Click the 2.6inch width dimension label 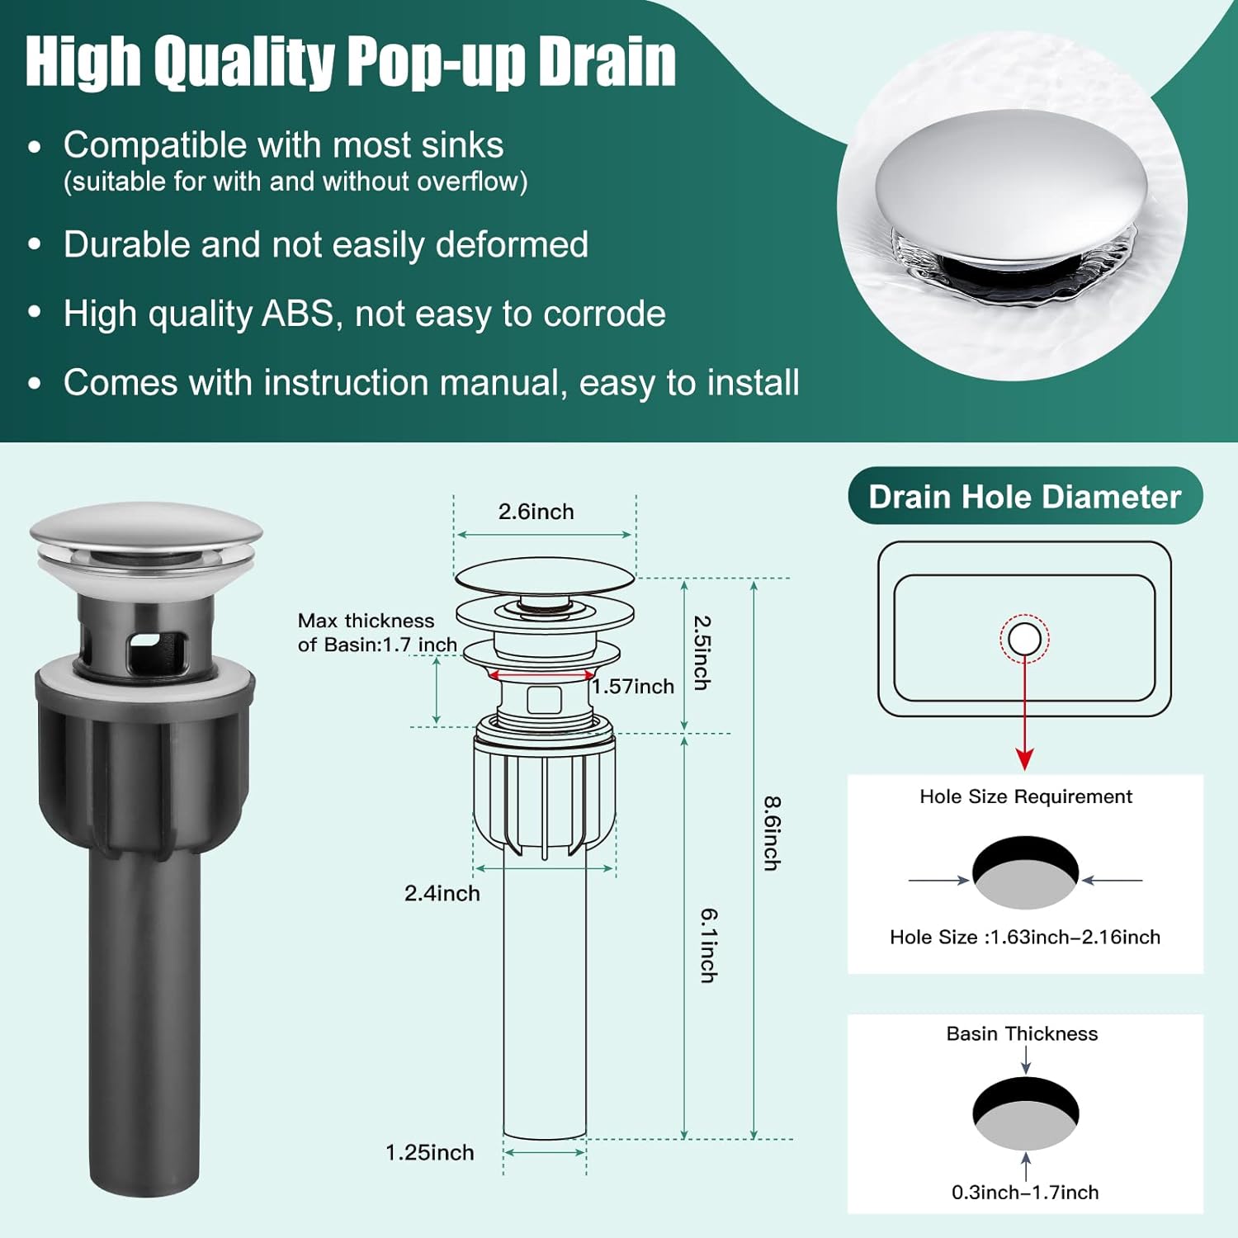[x=536, y=512]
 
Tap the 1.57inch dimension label [x=633, y=687]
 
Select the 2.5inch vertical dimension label [x=702, y=652]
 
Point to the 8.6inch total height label [x=772, y=833]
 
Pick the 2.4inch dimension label [x=442, y=893]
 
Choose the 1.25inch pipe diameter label [x=429, y=1152]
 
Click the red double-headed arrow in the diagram [x=541, y=676]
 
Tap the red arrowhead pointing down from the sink [x=1024, y=758]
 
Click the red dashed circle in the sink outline [x=1024, y=638]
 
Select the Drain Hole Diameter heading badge [x=1025, y=496]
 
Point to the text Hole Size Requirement [x=1026, y=796]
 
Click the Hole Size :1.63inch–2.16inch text [x=1025, y=937]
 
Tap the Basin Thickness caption [x=1022, y=1033]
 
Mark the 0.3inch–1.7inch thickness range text [x=1025, y=1192]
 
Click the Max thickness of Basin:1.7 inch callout [x=377, y=632]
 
